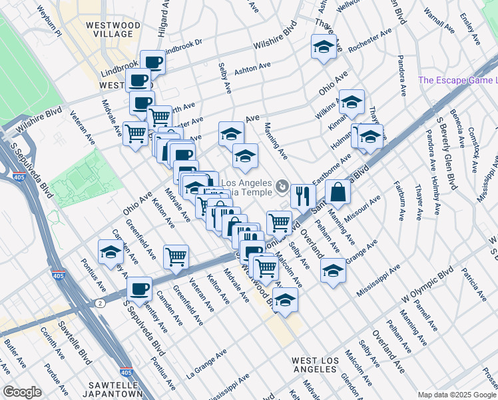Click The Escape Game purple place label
(457, 81)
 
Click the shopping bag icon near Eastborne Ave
(338, 192)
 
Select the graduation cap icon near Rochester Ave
(324, 47)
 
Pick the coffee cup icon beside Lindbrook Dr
(152, 63)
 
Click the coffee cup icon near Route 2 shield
(139, 289)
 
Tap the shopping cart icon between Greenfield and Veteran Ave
(176, 257)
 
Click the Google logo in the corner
(22, 391)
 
